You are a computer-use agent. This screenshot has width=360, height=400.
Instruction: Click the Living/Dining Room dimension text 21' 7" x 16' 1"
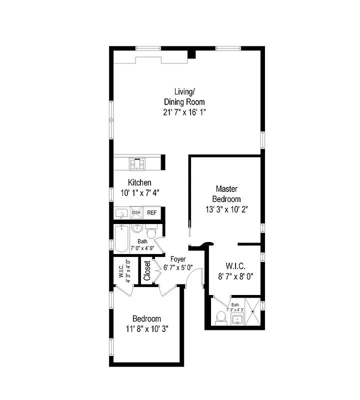pyautogui.click(x=184, y=112)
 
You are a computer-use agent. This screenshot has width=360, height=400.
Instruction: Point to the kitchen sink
pyautogui.click(x=121, y=213)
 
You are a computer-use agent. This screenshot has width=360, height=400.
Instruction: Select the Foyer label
pyautogui.click(x=177, y=259)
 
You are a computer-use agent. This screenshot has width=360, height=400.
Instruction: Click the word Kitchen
pyautogui.click(x=139, y=182)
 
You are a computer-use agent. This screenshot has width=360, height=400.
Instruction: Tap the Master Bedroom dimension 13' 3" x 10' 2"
pyautogui.click(x=226, y=209)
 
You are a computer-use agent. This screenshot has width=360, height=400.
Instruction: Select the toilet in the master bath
pyautogui.click(x=220, y=317)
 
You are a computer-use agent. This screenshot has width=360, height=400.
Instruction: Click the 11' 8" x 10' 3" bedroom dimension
pyautogui.click(x=147, y=329)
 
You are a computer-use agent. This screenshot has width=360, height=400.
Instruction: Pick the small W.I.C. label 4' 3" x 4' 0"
pyautogui.click(x=124, y=270)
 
